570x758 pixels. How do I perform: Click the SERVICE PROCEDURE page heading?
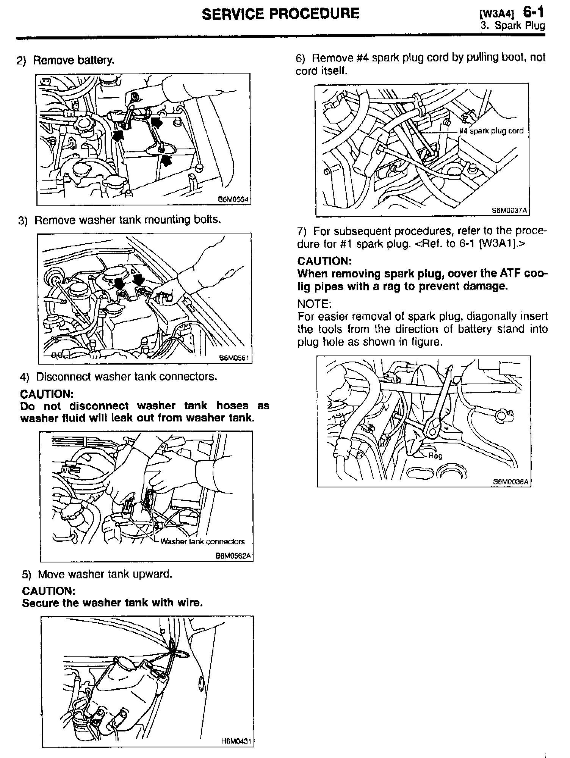point(280,14)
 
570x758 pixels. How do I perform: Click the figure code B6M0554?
point(233,199)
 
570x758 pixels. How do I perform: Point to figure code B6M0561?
point(235,358)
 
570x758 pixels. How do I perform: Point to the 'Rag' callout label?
point(435,456)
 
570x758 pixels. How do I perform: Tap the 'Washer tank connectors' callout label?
point(202,542)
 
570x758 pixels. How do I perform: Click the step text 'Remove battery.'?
point(74,60)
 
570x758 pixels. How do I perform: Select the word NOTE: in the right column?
point(314,304)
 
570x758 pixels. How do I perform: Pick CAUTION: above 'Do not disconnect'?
point(46,394)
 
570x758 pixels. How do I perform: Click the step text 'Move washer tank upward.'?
point(105,574)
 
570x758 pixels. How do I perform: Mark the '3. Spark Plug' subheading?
point(513,26)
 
